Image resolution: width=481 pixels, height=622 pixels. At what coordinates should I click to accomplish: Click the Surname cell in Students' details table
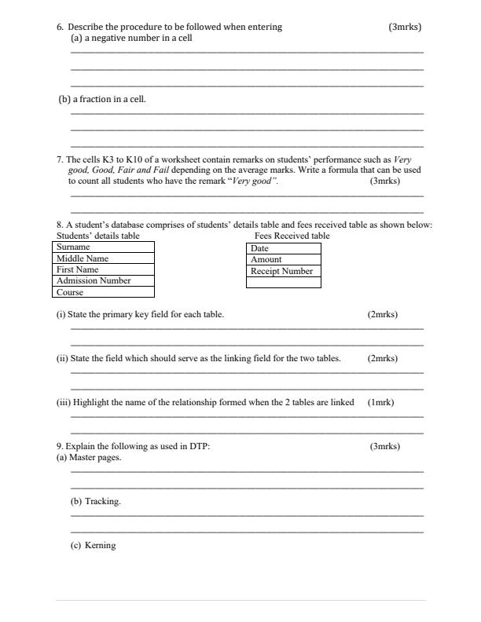(105, 247)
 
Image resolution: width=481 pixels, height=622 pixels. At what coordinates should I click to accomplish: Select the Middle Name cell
(105, 258)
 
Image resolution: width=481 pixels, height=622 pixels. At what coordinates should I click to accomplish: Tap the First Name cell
(105, 269)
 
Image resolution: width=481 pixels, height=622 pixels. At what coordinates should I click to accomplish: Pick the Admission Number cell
(105, 280)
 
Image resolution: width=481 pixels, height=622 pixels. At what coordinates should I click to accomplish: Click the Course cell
(105, 292)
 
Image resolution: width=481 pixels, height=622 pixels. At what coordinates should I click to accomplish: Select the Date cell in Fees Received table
(284, 248)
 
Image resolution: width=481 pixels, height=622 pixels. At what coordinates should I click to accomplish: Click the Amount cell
(284, 259)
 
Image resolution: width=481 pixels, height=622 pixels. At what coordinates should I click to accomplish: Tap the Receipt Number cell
(284, 271)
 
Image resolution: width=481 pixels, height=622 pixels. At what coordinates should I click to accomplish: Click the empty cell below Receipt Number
(284, 283)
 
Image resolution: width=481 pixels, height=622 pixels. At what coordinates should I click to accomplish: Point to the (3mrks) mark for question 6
(405, 27)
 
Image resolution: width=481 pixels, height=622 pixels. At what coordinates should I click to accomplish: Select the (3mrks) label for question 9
(384, 446)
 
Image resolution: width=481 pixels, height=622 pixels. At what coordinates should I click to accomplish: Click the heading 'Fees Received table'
(292, 236)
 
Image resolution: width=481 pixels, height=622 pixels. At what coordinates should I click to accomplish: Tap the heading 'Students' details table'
(98, 236)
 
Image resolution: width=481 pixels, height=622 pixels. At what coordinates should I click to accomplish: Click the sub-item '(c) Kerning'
(93, 545)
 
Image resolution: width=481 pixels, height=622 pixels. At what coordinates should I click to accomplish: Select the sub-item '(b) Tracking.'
(96, 501)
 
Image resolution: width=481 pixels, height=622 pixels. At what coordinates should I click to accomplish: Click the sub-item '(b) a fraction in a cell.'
(103, 100)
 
